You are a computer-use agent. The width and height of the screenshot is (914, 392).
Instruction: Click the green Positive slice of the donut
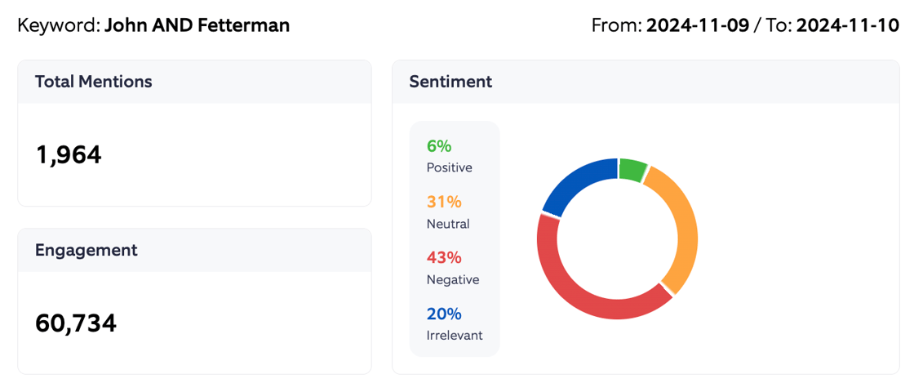(x=632, y=170)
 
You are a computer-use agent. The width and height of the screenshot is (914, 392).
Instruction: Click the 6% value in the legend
(x=438, y=146)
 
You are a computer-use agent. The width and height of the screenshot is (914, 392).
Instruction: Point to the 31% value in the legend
(x=444, y=202)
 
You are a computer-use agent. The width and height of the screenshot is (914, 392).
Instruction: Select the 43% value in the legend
(x=444, y=257)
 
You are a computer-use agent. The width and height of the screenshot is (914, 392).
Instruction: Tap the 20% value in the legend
(x=444, y=314)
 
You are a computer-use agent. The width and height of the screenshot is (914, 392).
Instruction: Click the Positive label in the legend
(x=449, y=167)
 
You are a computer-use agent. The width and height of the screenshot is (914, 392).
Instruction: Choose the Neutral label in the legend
(x=448, y=224)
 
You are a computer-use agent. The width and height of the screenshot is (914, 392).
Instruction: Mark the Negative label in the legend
(x=452, y=279)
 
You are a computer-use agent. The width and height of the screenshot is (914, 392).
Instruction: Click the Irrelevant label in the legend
(x=455, y=336)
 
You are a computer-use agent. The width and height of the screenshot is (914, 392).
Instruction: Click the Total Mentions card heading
(x=93, y=82)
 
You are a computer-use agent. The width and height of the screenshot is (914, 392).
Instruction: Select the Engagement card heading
(x=86, y=251)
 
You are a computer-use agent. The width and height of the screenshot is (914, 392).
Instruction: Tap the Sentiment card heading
(x=450, y=82)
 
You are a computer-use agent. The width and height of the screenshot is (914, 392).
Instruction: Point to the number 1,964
(x=69, y=154)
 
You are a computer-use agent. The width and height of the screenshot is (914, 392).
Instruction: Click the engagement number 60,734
(x=76, y=323)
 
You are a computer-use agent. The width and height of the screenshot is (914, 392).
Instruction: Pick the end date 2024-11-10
(x=847, y=25)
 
